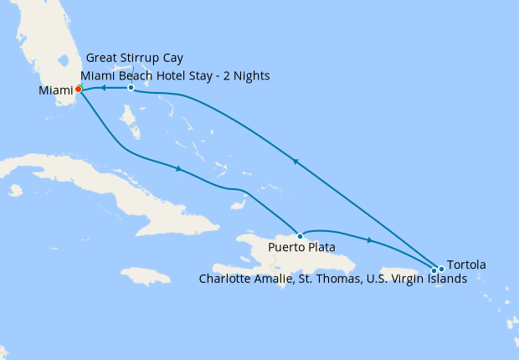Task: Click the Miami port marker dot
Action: (78, 89)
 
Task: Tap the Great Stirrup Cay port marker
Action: (131, 88)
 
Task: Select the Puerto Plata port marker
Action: (300, 236)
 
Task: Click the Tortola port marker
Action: (441, 269)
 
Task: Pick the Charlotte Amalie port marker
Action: (434, 270)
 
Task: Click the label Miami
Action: (55, 90)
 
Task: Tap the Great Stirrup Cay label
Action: (135, 59)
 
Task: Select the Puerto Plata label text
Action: (302, 248)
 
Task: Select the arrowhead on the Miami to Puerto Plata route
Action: (177, 170)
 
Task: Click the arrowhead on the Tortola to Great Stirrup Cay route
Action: (295, 162)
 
